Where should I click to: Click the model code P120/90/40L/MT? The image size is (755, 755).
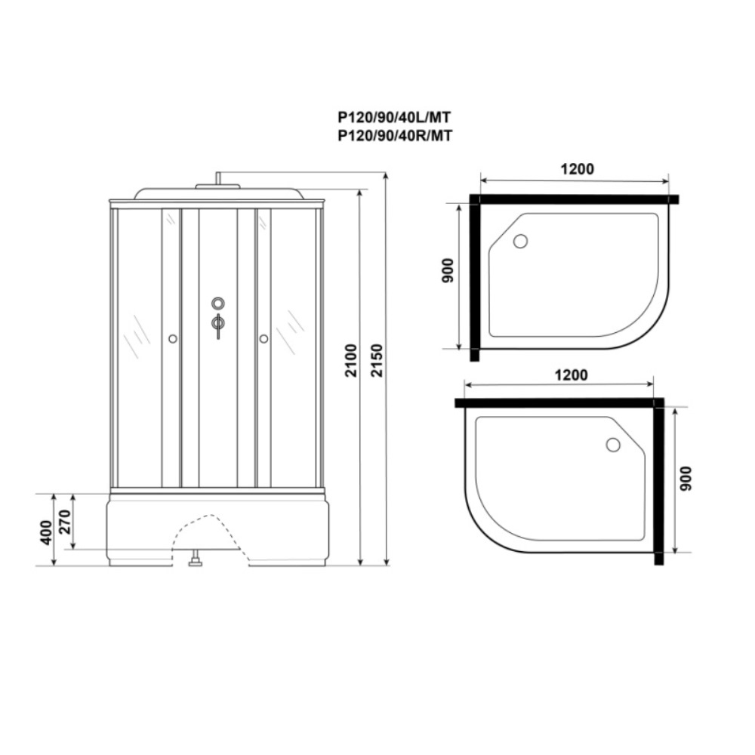pos(394,118)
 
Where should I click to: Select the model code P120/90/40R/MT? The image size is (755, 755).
pos(395,136)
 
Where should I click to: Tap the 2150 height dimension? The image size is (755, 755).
pos(377,360)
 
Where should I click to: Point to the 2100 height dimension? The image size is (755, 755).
pos(352,360)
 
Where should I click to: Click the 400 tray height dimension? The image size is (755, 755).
pos(46,532)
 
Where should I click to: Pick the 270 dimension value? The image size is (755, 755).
pos(65,522)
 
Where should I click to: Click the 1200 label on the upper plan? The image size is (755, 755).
pos(578,169)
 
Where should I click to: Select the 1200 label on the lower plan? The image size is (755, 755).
pos(571,374)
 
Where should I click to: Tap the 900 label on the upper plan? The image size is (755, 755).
pos(447,270)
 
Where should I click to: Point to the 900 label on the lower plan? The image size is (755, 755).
pos(686,478)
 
